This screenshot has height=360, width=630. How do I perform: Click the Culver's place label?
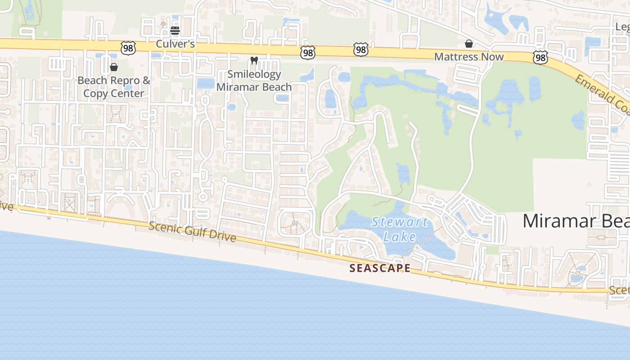[x=175, y=44]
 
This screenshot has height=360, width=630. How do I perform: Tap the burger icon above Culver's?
[x=175, y=31]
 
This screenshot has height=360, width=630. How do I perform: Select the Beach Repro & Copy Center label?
[x=114, y=87]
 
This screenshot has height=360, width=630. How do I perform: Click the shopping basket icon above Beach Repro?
[x=114, y=67]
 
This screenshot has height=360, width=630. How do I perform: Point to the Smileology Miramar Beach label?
[x=254, y=81]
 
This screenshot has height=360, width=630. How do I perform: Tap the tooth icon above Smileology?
[x=254, y=60]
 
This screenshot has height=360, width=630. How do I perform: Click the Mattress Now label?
[x=469, y=57]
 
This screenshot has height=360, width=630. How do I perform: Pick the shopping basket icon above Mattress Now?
[x=469, y=44]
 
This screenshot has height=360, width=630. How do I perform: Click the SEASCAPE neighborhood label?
[x=380, y=268]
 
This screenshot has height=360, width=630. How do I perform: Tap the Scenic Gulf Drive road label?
[x=192, y=231]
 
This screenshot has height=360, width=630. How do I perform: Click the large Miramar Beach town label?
[x=576, y=221]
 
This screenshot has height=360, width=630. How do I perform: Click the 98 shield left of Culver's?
[x=128, y=48]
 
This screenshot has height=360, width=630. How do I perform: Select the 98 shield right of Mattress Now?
[x=541, y=57]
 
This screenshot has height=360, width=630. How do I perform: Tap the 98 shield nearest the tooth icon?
[x=308, y=53]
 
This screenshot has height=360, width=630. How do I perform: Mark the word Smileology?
[x=254, y=74]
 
